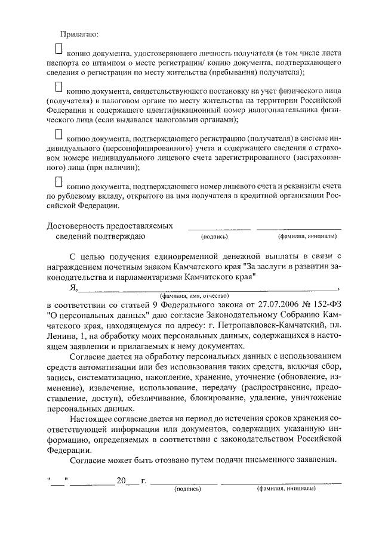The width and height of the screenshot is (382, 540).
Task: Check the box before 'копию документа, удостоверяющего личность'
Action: (x=58, y=47)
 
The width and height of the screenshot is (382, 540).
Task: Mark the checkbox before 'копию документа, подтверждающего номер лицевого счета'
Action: (x=58, y=180)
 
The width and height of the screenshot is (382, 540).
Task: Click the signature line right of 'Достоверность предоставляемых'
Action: (x=220, y=229)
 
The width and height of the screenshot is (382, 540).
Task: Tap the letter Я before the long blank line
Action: (x=73, y=287)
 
